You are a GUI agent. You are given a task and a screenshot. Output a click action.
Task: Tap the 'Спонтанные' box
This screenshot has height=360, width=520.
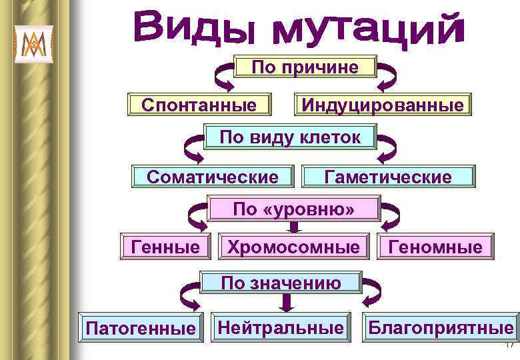(199, 105)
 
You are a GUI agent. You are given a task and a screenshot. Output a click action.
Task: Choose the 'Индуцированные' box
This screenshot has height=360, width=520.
(383, 105)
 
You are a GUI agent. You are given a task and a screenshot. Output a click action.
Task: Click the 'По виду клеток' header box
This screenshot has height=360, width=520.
(291, 138)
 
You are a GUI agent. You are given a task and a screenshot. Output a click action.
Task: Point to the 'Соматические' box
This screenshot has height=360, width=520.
(213, 177)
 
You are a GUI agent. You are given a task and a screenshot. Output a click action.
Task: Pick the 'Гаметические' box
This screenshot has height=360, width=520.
(388, 177)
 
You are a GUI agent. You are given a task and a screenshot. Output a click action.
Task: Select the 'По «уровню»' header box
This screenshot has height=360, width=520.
(294, 209)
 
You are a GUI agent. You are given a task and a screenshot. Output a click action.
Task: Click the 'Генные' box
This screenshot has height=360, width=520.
(166, 247)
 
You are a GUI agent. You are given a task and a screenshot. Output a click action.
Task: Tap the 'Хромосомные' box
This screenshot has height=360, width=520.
(293, 247)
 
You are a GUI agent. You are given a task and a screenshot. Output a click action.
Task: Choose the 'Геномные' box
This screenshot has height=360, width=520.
(436, 247)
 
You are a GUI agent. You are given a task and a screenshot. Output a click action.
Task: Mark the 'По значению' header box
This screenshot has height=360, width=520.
(281, 283)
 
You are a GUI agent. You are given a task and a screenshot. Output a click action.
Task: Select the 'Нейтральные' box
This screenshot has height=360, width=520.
(281, 326)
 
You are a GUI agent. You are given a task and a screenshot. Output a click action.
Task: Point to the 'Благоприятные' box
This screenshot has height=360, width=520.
(440, 327)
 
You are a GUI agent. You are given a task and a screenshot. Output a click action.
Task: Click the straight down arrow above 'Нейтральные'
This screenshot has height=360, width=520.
(287, 303)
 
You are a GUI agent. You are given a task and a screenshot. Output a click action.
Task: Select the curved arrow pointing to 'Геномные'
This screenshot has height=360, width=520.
(388, 217)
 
